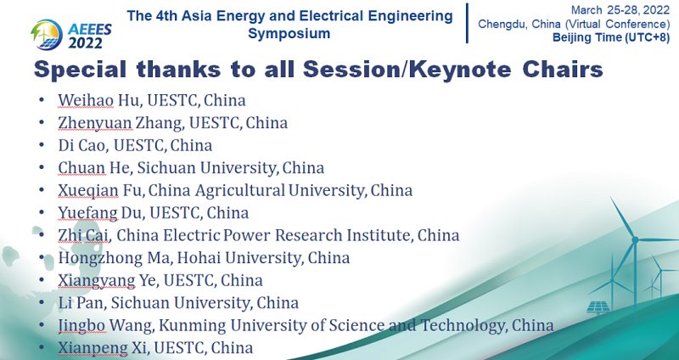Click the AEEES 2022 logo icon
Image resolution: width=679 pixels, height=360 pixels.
click(x=47, y=34)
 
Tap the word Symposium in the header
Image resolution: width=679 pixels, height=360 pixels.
click(x=289, y=33)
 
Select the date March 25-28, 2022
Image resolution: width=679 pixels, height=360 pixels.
click(x=620, y=10)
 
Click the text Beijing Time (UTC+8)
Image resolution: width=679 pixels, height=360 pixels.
click(x=611, y=37)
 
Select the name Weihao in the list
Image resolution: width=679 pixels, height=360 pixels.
click(x=86, y=100)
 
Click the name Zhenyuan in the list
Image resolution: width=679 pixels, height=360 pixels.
click(x=95, y=123)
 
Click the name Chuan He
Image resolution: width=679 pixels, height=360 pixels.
click(x=94, y=167)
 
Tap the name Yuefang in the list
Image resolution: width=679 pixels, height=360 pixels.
click(x=88, y=213)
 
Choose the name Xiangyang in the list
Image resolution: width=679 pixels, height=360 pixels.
click(x=97, y=281)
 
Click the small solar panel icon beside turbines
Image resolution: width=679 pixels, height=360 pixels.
click(x=598, y=307)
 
